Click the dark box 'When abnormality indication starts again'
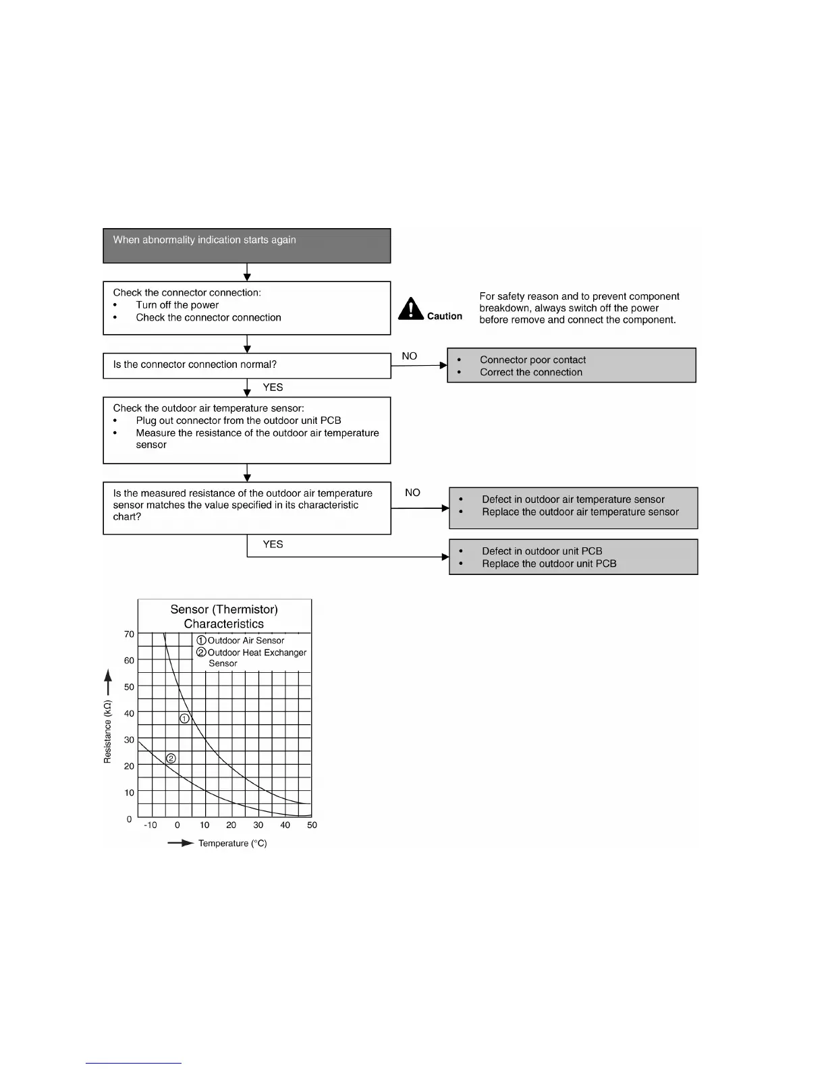coord(247,246)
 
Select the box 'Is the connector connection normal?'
coord(247,365)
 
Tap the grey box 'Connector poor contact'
coord(572,366)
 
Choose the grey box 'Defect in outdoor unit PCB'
coord(574,557)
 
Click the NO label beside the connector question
coord(410,356)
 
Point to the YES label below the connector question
coord(273,387)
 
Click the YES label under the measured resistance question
coord(273,545)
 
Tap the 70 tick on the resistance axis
coord(129,634)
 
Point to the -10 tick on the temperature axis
coord(150,825)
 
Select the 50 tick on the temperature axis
coord(312,825)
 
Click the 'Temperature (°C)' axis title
coord(232,844)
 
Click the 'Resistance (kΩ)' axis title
coord(107,732)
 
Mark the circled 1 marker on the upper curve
coord(184,719)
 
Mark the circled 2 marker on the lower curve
coord(171,759)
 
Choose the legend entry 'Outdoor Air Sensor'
coord(246,640)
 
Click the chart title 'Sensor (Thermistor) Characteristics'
coord(224,616)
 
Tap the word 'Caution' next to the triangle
coord(445,317)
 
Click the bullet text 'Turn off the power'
coord(177,305)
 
